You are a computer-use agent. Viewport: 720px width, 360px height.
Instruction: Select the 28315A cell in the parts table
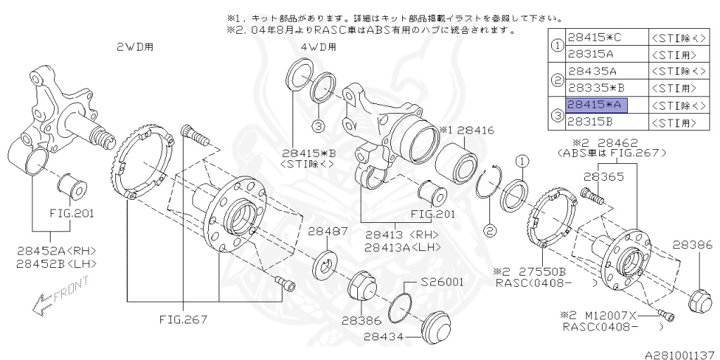[591, 53]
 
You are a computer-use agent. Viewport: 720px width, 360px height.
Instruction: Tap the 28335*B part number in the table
[596, 89]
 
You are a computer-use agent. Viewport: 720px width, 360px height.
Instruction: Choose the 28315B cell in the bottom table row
[591, 122]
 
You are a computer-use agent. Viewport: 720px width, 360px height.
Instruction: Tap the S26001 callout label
[442, 283]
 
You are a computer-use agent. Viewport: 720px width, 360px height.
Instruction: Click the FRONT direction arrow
[60, 295]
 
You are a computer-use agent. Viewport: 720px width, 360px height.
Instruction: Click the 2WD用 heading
[135, 47]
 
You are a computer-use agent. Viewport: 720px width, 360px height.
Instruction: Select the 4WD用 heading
[318, 47]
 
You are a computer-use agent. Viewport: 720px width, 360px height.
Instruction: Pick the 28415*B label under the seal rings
[310, 151]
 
